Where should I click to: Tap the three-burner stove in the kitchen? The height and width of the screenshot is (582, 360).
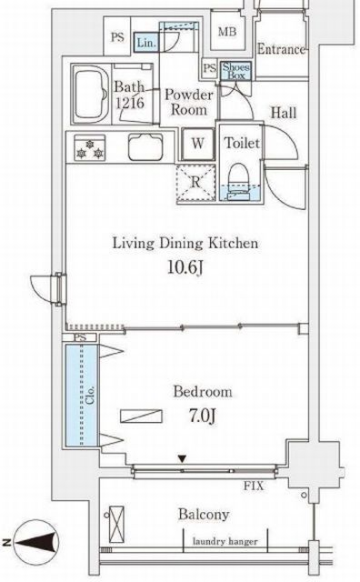[89, 148]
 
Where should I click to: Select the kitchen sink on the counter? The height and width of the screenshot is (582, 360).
[145, 147]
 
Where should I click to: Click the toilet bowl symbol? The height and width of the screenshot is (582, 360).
[238, 180]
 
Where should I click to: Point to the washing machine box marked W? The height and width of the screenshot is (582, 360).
[198, 144]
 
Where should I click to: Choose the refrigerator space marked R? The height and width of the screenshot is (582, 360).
[196, 183]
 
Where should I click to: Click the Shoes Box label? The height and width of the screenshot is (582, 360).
[235, 71]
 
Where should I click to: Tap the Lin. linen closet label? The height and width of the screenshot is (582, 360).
[146, 43]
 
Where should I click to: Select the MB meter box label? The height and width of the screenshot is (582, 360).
[227, 32]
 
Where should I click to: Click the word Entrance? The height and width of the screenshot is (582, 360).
[281, 49]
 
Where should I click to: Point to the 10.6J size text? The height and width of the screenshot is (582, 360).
[185, 267]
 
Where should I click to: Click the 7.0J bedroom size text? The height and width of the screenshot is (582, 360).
[203, 416]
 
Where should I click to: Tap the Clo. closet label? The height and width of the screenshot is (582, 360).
[90, 396]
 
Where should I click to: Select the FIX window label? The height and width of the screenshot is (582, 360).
[254, 486]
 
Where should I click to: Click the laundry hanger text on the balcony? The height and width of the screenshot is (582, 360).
[225, 542]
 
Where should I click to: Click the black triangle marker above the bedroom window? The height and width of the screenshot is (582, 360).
[182, 459]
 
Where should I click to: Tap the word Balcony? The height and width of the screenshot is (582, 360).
[204, 515]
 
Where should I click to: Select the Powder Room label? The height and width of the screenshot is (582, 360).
[188, 102]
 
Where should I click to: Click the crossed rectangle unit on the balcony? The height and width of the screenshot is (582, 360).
[116, 525]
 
